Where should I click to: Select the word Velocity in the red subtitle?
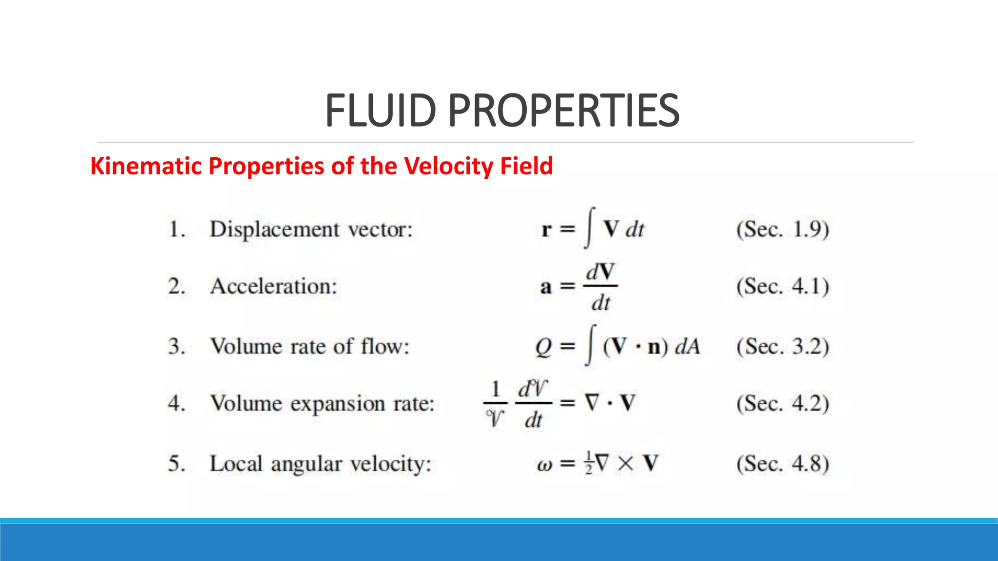[441, 166]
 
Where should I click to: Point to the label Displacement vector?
[311, 229]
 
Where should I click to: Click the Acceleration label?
[273, 286]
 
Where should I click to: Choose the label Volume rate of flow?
[310, 347]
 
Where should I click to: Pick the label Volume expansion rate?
[322, 404]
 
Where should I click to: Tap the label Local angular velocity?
[320, 464]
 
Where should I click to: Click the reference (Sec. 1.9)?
[783, 229]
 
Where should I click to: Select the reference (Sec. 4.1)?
[783, 286]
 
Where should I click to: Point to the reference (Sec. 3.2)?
[783, 347]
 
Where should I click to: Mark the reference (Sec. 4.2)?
[783, 404]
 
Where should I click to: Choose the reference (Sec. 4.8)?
[783, 464]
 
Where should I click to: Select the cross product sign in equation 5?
[626, 463]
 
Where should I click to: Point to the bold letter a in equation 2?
[546, 287]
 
